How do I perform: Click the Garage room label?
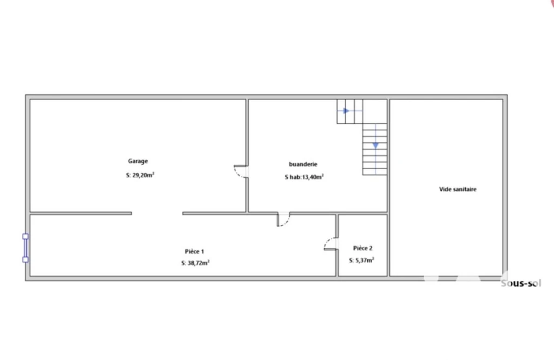click(x=138, y=161)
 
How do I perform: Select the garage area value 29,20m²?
click(x=143, y=175)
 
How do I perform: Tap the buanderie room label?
click(x=303, y=164)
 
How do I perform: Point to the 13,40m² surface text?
click(x=313, y=177)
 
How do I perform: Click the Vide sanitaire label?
click(x=458, y=189)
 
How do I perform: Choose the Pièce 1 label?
click(x=194, y=251)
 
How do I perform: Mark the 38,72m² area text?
click(x=199, y=263)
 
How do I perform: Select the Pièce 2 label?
click(x=362, y=248)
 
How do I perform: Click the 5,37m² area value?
click(x=365, y=261)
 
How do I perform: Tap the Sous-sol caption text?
click(x=521, y=283)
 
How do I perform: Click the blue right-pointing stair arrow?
click(x=346, y=111)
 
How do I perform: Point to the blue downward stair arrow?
click(x=375, y=145)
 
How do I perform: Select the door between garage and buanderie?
click(x=242, y=171)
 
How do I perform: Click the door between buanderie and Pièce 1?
click(x=283, y=219)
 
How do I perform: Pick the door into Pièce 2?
click(x=331, y=244)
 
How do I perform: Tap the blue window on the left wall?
click(x=25, y=248)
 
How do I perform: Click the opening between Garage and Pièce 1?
click(x=157, y=213)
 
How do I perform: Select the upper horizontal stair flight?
click(x=350, y=111)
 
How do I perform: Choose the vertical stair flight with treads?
click(x=375, y=149)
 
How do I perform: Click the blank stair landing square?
click(x=375, y=111)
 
